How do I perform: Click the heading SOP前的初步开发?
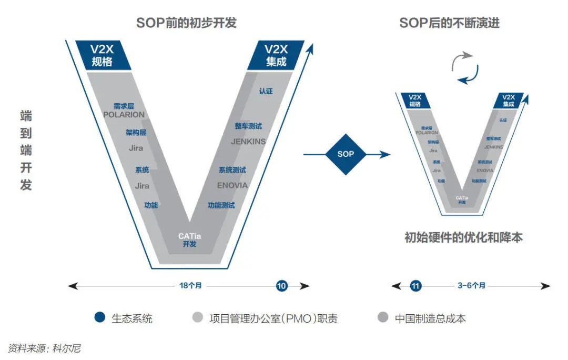(186, 23)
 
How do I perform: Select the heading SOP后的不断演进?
(449, 23)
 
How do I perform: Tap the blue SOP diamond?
(346, 154)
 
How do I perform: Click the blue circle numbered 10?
(282, 286)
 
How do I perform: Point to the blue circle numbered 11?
(416, 286)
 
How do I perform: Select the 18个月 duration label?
(190, 286)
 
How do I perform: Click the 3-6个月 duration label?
(471, 286)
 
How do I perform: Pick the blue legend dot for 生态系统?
(98, 318)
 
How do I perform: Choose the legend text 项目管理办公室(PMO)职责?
(273, 318)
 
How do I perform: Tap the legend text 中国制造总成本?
(430, 318)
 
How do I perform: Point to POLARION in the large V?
(124, 115)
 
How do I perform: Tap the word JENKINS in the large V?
(248, 142)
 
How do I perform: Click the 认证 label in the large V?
(266, 91)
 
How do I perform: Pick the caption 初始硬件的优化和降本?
(463, 237)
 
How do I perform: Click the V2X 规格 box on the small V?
(415, 101)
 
